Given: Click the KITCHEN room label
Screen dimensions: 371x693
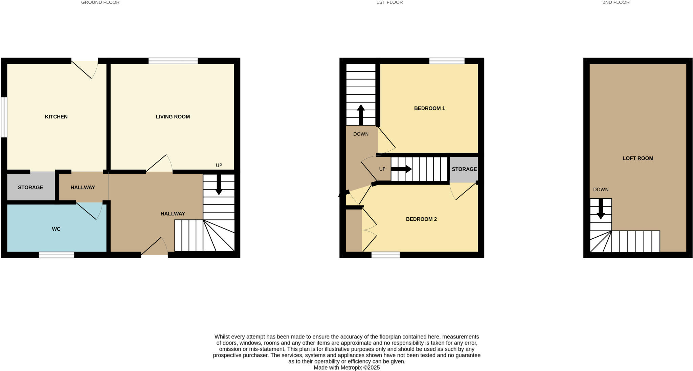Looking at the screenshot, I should (56, 117).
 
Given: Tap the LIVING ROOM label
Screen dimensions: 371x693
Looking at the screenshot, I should (173, 117).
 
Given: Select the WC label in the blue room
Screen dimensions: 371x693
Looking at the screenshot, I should (56, 229).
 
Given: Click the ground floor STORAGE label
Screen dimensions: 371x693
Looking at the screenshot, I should (30, 188).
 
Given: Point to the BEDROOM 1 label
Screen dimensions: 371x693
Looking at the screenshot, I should (429, 108).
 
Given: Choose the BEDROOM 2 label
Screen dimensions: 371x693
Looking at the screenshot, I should (421, 219).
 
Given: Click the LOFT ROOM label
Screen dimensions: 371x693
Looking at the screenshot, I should (638, 158).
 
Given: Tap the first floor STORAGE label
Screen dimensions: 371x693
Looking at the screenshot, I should (464, 169).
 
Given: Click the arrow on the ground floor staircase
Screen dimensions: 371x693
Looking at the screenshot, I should (219, 185).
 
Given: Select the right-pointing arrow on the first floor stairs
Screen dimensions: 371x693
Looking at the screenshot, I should (402, 169).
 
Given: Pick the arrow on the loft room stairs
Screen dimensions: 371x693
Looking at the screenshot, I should (601, 209).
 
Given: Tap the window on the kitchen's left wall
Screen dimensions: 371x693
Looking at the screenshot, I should (4, 117).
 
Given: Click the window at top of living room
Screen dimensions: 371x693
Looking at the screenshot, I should (173, 61).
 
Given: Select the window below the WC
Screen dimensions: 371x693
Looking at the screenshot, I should (57, 255).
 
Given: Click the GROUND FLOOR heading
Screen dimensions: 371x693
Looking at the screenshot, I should (100, 2).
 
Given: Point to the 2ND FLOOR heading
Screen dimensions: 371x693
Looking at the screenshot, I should (616, 2).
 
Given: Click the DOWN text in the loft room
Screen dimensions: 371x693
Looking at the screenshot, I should (601, 190).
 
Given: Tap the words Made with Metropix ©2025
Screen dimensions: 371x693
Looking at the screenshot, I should (346, 368).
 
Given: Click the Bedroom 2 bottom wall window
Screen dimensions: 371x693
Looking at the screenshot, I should (385, 255).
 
